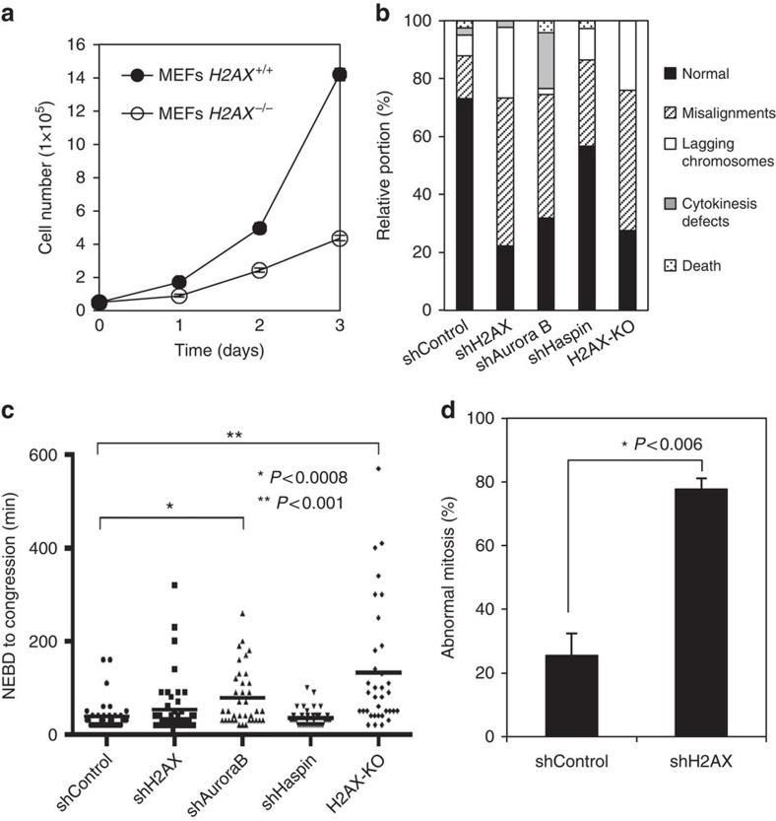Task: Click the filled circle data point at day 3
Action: tap(340, 74)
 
